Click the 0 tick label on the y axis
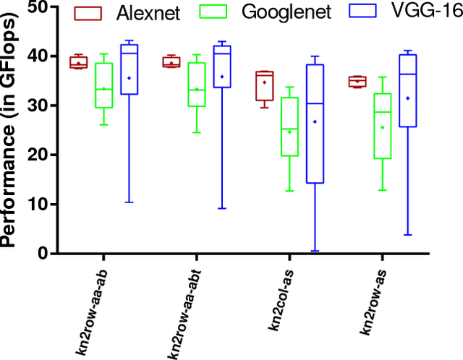click(x=42, y=254)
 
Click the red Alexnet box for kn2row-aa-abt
click(x=172, y=61)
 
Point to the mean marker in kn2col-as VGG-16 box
click(x=314, y=121)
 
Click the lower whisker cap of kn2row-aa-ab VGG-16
click(x=129, y=202)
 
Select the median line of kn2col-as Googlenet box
click(x=289, y=129)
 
